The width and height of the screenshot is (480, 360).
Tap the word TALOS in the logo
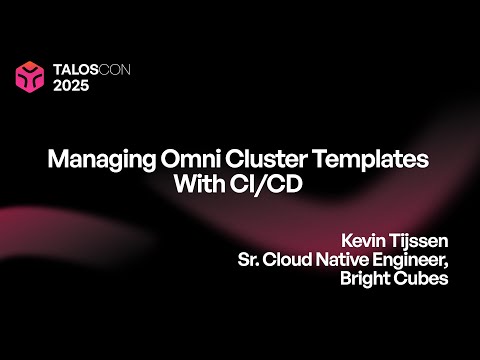click(72, 69)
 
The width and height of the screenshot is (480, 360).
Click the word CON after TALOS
click(114, 69)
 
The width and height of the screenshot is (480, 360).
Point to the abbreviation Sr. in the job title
click(247, 260)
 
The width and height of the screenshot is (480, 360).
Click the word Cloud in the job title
click(287, 260)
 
